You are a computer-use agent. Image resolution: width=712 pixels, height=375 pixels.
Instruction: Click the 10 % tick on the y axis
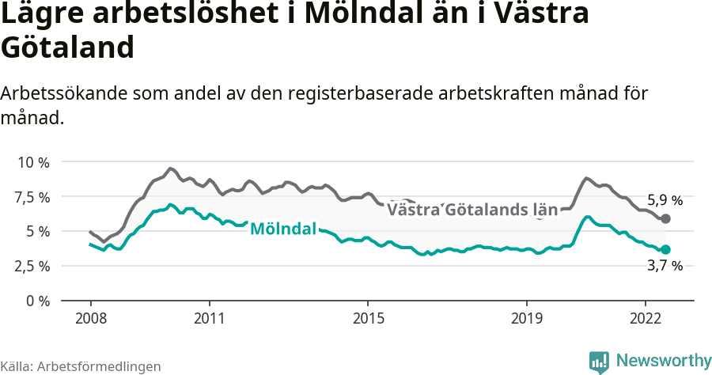32,162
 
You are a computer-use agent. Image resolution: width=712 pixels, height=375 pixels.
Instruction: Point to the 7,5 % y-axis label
32,197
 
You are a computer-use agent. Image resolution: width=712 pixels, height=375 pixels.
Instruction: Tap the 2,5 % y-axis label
32,267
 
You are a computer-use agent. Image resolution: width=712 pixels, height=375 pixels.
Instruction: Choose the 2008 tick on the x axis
90,317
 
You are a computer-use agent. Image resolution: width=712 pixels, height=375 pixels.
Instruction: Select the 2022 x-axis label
646,317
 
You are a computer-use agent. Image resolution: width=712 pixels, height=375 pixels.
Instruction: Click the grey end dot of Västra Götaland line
665,218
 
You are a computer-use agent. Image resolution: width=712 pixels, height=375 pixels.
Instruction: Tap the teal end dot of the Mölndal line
665,249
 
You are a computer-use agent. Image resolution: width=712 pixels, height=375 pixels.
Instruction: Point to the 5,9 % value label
665,200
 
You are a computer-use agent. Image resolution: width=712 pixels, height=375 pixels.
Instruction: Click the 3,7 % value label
665,267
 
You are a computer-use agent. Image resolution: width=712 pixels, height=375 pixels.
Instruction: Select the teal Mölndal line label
282,229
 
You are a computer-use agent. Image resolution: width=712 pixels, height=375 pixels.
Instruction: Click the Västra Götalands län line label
472,210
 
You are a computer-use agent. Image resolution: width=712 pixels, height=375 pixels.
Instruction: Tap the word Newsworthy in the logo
664,361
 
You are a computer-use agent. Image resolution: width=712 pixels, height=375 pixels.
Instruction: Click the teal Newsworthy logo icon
599,362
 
